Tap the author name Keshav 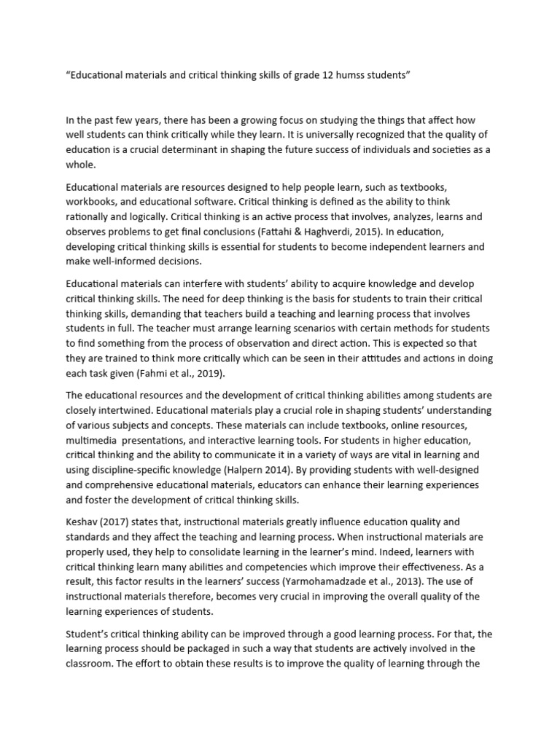(84, 522)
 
